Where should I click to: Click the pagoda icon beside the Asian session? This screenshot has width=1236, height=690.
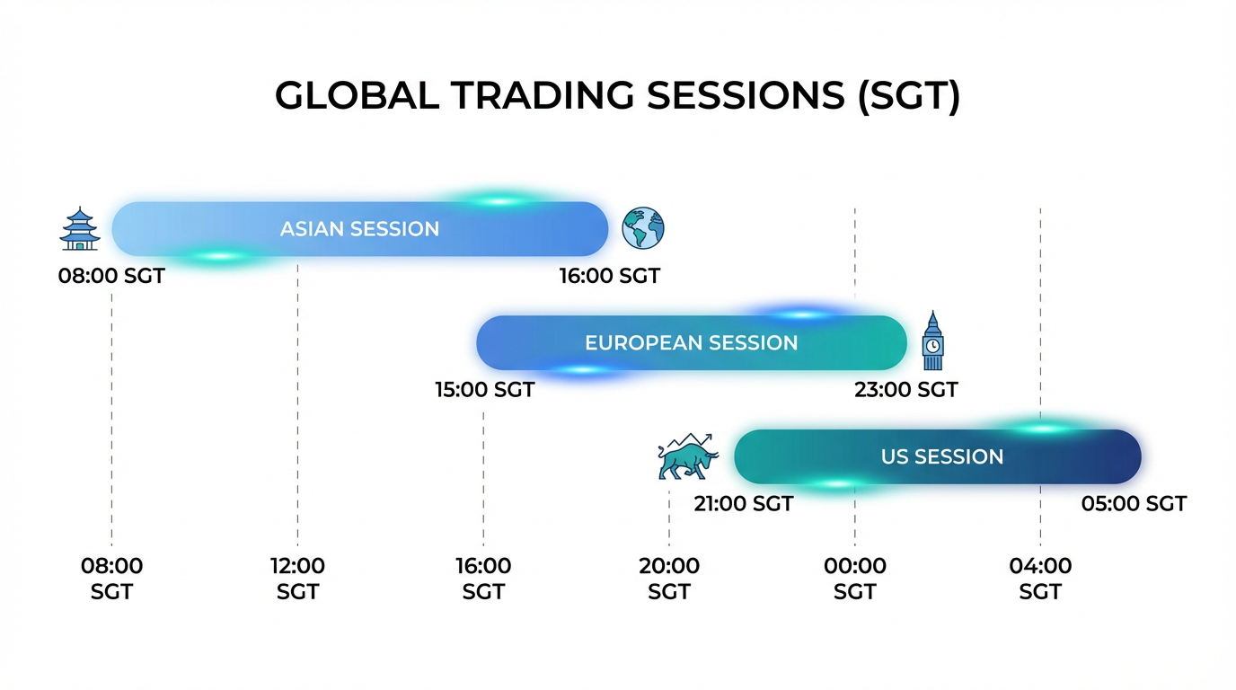point(80,228)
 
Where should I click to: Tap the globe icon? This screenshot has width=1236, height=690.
point(643,228)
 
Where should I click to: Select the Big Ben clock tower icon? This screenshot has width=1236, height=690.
point(932,341)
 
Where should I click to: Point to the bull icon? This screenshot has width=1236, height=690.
point(688,456)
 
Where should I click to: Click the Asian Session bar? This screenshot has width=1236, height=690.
point(360,228)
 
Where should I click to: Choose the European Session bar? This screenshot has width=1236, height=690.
point(692,343)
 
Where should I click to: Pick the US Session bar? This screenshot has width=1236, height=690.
point(938,456)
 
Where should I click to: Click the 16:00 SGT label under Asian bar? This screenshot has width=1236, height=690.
point(610,276)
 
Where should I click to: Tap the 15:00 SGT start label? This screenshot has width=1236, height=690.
point(484,390)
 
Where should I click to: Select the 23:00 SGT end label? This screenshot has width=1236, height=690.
point(906,390)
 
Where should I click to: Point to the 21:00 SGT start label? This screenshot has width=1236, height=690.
point(743,503)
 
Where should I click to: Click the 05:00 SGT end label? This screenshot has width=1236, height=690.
point(1134,503)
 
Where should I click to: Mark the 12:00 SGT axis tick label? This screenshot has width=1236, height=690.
point(297,579)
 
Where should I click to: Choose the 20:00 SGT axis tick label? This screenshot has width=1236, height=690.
point(669,579)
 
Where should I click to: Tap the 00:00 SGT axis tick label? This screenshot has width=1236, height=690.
point(855,579)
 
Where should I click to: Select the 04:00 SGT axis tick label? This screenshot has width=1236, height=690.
point(1041,579)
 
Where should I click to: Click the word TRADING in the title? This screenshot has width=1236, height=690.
point(543,95)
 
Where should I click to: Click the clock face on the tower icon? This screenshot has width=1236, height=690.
point(932,346)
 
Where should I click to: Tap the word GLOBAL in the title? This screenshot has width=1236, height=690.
point(357,95)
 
